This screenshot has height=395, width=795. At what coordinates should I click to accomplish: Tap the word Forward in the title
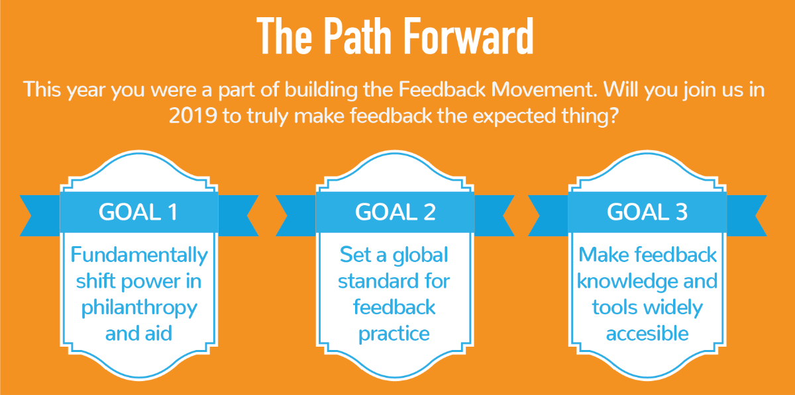point(469,36)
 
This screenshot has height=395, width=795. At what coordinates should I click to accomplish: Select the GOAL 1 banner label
point(138,212)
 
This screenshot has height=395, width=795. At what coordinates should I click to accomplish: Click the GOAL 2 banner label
point(395,212)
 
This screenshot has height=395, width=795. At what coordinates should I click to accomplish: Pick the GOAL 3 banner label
point(647,212)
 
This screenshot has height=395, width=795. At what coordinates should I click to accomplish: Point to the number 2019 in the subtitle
point(193,116)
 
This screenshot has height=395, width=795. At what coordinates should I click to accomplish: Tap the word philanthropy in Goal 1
point(139,308)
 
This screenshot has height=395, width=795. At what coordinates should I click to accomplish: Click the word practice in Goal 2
point(394,334)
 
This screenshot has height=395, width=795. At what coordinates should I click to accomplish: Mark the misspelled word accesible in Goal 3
point(647,333)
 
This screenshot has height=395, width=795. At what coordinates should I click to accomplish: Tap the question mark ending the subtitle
point(613,116)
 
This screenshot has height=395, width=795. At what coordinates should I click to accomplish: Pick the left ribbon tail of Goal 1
point(40,216)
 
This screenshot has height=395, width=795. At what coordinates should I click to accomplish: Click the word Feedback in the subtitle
point(442,89)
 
